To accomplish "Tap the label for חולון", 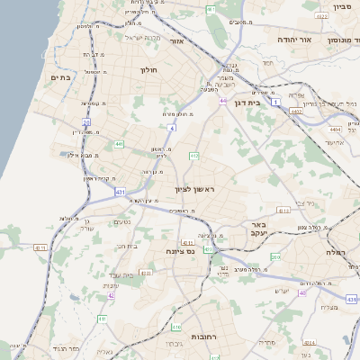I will click(x=148, y=69).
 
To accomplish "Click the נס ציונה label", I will click(x=178, y=253).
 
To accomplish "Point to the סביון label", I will click(x=341, y=7).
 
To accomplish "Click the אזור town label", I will click(x=176, y=41).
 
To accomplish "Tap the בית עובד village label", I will click(x=121, y=274).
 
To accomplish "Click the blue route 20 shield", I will click(x=86, y=121).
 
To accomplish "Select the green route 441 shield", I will click(x=119, y=143).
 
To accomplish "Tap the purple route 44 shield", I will click(x=221, y=101).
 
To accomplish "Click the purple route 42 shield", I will click(x=111, y=295).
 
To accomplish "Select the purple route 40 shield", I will click(x=302, y=292).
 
